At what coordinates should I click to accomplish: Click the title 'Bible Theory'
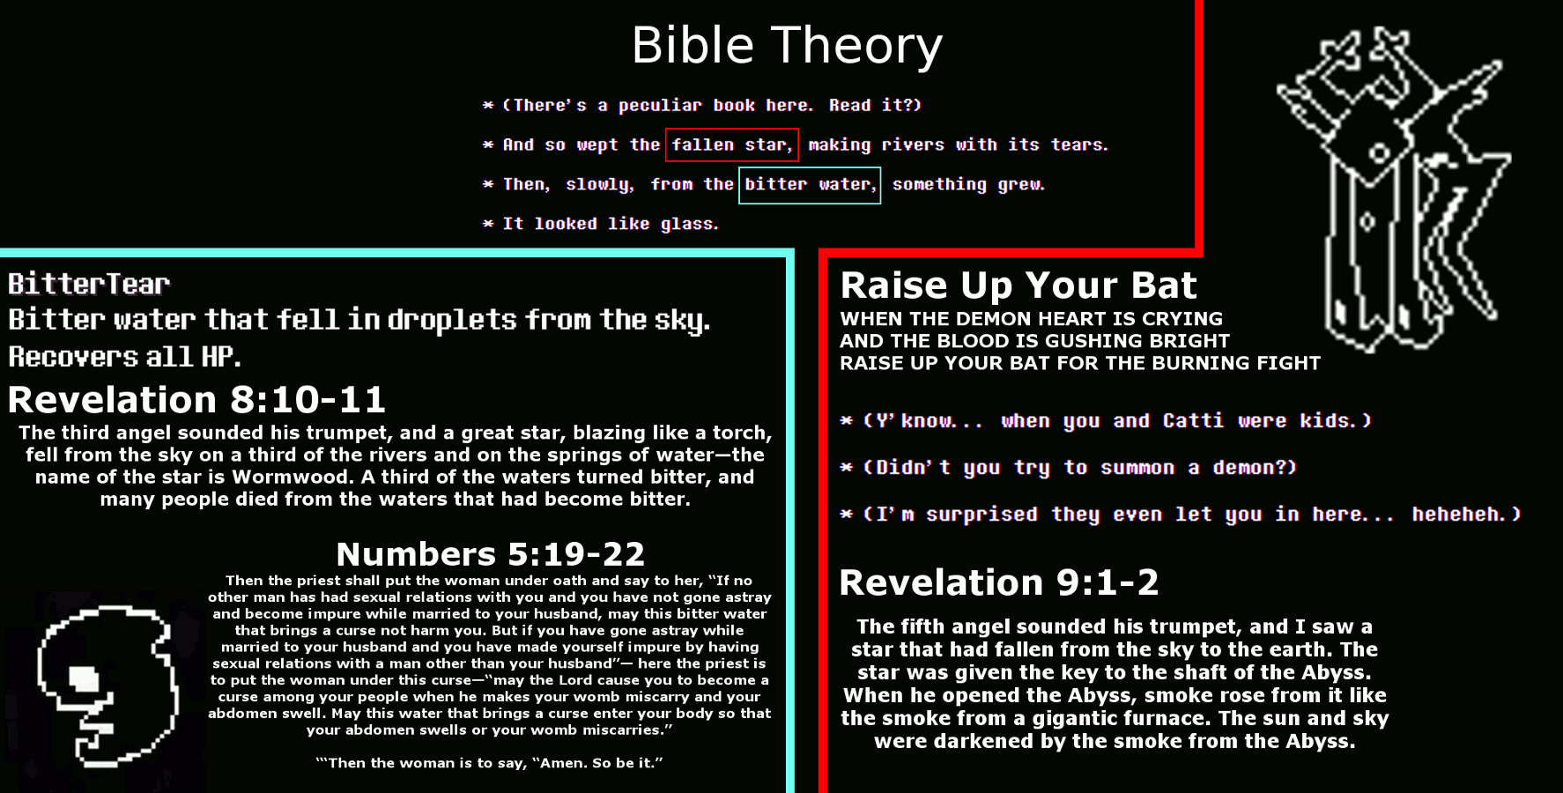[x=787, y=46]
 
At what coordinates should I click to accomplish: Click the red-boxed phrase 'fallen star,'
[x=732, y=145]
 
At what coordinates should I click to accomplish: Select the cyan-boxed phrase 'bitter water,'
[x=810, y=184]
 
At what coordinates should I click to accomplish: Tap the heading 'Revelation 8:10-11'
[x=196, y=399]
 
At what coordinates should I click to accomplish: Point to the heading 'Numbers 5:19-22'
[x=490, y=554]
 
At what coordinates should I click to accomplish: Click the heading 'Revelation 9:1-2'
[x=998, y=582]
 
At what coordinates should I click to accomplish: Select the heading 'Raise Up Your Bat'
[x=1019, y=285]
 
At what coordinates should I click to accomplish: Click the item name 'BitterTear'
[x=89, y=284]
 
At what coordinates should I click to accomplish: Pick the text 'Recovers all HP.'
[x=124, y=357]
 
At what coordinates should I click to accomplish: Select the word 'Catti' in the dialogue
[x=1193, y=420]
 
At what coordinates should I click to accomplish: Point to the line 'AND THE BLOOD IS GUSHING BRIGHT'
[x=1034, y=341]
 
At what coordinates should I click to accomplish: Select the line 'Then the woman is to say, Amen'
[x=489, y=763]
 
